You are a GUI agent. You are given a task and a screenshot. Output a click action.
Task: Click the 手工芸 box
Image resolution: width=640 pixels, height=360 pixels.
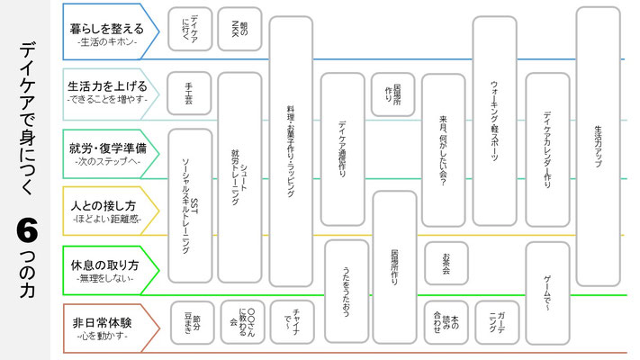click(x=190, y=93)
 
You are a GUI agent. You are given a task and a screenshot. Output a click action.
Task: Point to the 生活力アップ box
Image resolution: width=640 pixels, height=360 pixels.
click(x=598, y=135)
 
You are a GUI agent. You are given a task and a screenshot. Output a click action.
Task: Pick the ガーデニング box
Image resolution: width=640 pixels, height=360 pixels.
click(x=497, y=322)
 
